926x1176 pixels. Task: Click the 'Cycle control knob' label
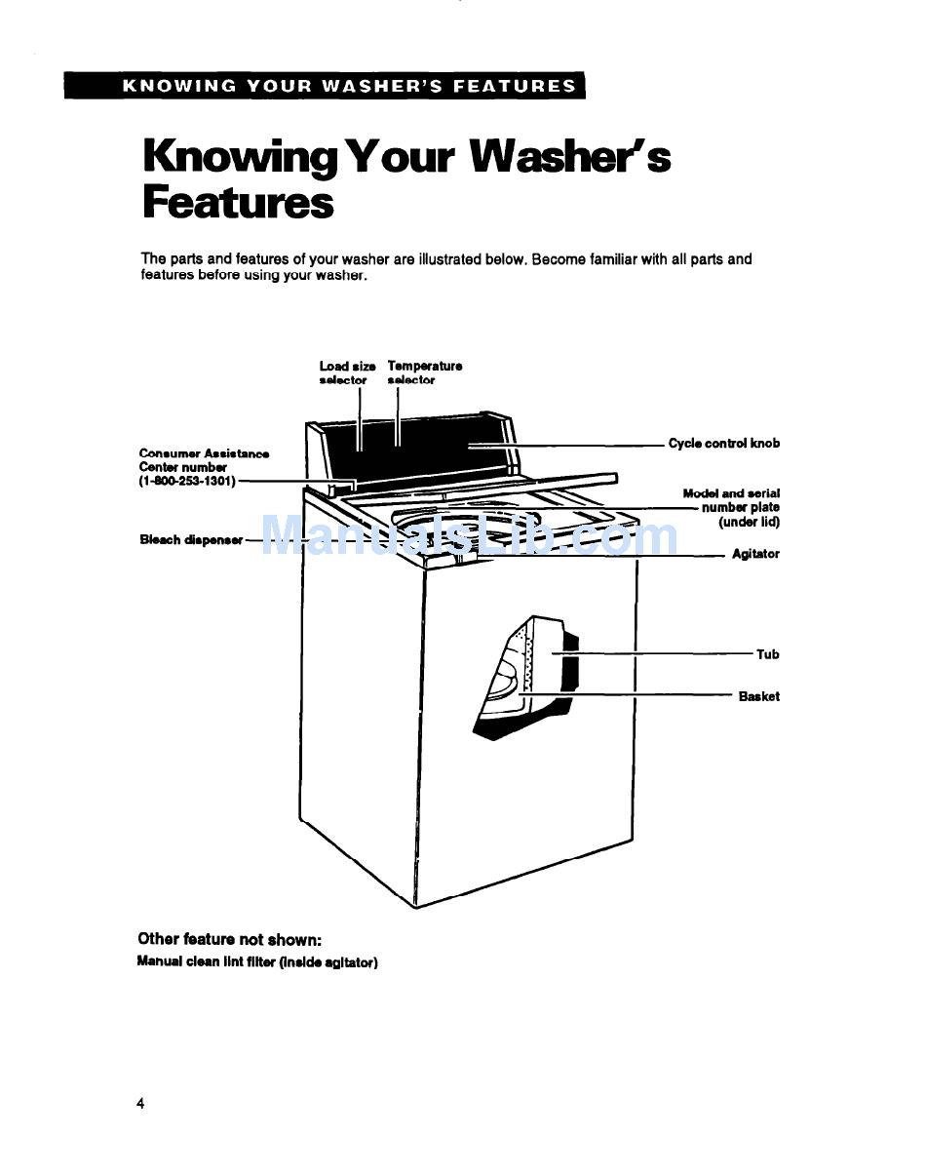click(723, 444)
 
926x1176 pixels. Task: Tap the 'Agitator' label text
click(755, 555)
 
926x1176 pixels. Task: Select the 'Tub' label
click(768, 655)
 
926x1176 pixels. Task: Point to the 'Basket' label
click(758, 697)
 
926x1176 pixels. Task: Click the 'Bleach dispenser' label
click(191, 540)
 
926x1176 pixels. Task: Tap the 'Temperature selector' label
click(424, 372)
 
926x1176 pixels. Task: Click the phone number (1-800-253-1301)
click(187, 481)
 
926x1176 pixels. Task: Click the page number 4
click(141, 1104)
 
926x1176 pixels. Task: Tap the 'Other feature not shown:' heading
click(229, 940)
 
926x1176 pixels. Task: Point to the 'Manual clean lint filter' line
click(257, 962)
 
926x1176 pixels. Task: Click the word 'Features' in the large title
click(238, 204)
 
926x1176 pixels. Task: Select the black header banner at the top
click(325, 86)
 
